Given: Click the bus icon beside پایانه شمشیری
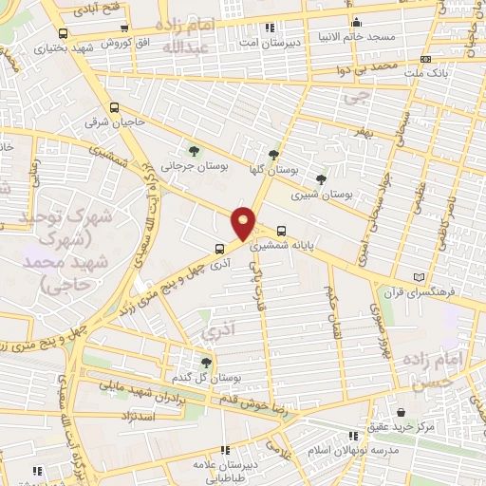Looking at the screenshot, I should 282,230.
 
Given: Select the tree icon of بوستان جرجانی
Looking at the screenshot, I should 195,150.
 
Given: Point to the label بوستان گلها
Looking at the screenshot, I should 275,168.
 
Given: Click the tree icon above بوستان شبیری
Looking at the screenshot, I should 322,178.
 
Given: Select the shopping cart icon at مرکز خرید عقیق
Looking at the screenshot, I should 405,413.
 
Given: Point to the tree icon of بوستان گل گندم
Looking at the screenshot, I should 206,362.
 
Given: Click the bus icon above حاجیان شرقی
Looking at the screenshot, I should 114,108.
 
